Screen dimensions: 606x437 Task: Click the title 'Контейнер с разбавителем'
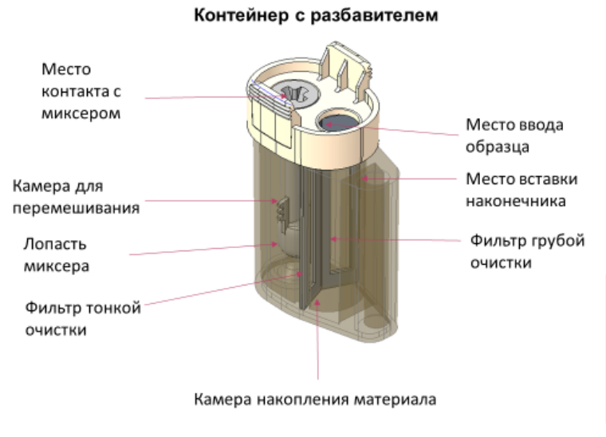[316, 15]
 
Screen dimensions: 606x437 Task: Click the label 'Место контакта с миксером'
[81, 91]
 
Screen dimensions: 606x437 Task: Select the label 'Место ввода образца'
[514, 136]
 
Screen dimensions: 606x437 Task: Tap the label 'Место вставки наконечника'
[521, 190]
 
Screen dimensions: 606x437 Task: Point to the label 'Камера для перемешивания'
[76, 197]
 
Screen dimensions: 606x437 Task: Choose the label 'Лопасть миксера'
[57, 255]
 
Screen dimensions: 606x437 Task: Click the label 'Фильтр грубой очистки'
[527, 251]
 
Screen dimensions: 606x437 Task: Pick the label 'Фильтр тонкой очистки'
[83, 319]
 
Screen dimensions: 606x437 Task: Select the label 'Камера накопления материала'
[315, 400]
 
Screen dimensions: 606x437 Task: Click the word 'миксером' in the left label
[81, 113]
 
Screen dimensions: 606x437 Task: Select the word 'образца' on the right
[498, 148]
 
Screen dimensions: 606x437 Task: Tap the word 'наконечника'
[516, 201]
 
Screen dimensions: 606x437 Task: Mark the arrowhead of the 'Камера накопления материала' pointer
[317, 302]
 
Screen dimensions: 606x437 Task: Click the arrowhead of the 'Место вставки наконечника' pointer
[364, 179]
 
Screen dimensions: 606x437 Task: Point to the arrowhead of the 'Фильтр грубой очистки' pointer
[333, 239]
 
